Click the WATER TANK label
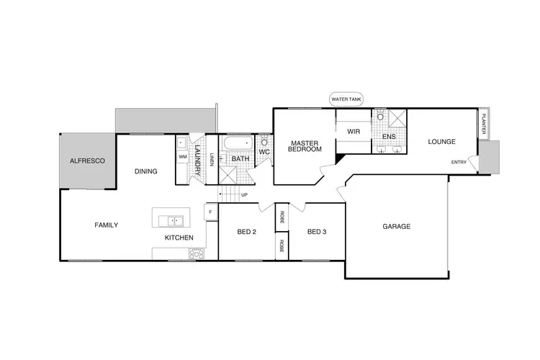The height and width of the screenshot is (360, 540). [x=346, y=99]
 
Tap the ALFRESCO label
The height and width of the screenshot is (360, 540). [x=87, y=161]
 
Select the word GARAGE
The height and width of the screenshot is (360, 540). [x=396, y=226]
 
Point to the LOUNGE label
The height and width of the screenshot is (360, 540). [x=441, y=142]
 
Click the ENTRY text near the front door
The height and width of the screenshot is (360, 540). [x=459, y=162]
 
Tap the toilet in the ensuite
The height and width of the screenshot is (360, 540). [x=380, y=116]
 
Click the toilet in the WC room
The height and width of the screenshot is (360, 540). [x=264, y=143]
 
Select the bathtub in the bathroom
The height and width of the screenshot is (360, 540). [x=235, y=143]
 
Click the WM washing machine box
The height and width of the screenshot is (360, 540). [x=182, y=156]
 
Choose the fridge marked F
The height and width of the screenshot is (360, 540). [x=211, y=212]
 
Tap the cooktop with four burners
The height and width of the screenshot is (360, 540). [x=196, y=253]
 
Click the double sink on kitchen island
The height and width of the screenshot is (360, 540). [x=173, y=220]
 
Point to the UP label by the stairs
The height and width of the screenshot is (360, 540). [x=244, y=194]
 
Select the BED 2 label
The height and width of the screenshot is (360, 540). [x=247, y=232]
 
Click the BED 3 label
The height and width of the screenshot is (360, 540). [x=317, y=232]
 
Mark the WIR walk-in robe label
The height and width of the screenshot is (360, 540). [x=353, y=132]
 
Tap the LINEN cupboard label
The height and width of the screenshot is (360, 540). [x=212, y=160]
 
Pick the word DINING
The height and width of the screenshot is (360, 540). [x=146, y=171]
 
